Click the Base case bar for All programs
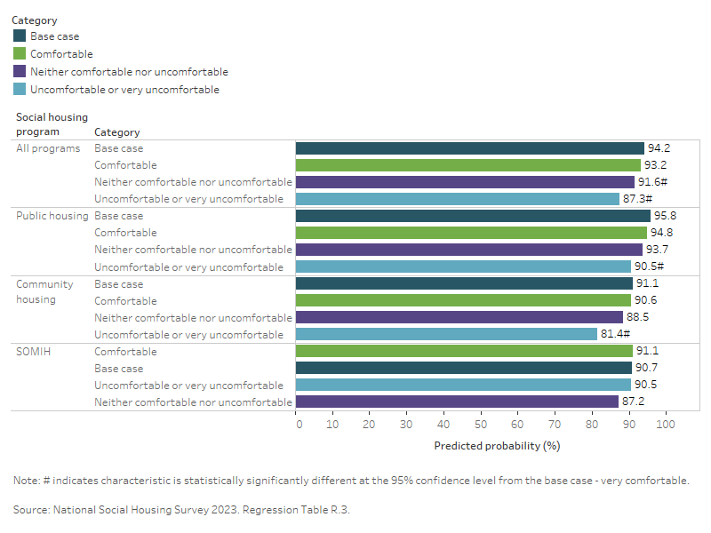pos(469,148)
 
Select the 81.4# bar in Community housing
pos(446,334)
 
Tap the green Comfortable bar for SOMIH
pos(464,351)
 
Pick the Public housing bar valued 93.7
pos(468,250)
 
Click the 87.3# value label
pos(638,199)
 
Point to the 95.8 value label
pos(665,216)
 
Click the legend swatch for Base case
pos(20,36)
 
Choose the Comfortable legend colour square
pos(20,54)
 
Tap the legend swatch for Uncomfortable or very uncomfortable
pos(20,90)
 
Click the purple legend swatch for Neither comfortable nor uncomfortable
pos(20,72)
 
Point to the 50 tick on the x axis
pos(481,425)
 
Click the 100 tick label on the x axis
pos(665,425)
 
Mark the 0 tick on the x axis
pos(299,425)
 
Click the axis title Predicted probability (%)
pos(497,445)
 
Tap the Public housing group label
pos(52,216)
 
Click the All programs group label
pos(48,148)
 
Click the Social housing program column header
pos(52,124)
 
